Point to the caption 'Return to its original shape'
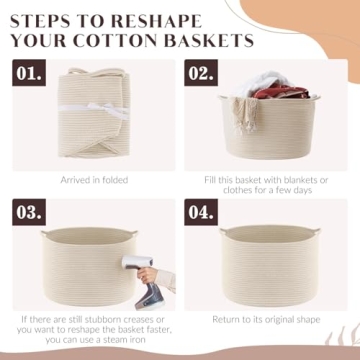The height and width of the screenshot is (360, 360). click(265, 318)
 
